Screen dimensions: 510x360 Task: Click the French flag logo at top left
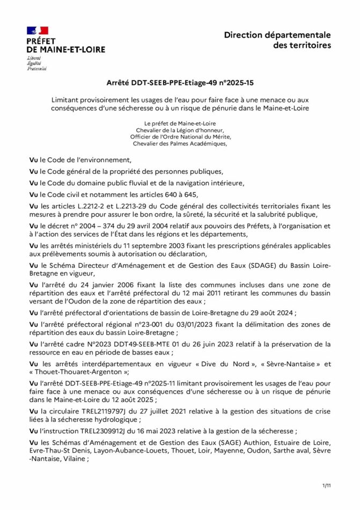point(37,31)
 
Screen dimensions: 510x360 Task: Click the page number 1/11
point(326,485)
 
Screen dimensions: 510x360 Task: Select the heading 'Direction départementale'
point(277,35)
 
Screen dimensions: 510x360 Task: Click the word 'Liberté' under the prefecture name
point(34,57)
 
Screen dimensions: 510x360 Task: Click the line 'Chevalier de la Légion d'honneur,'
point(180,130)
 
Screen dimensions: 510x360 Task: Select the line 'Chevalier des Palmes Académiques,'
point(180,143)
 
